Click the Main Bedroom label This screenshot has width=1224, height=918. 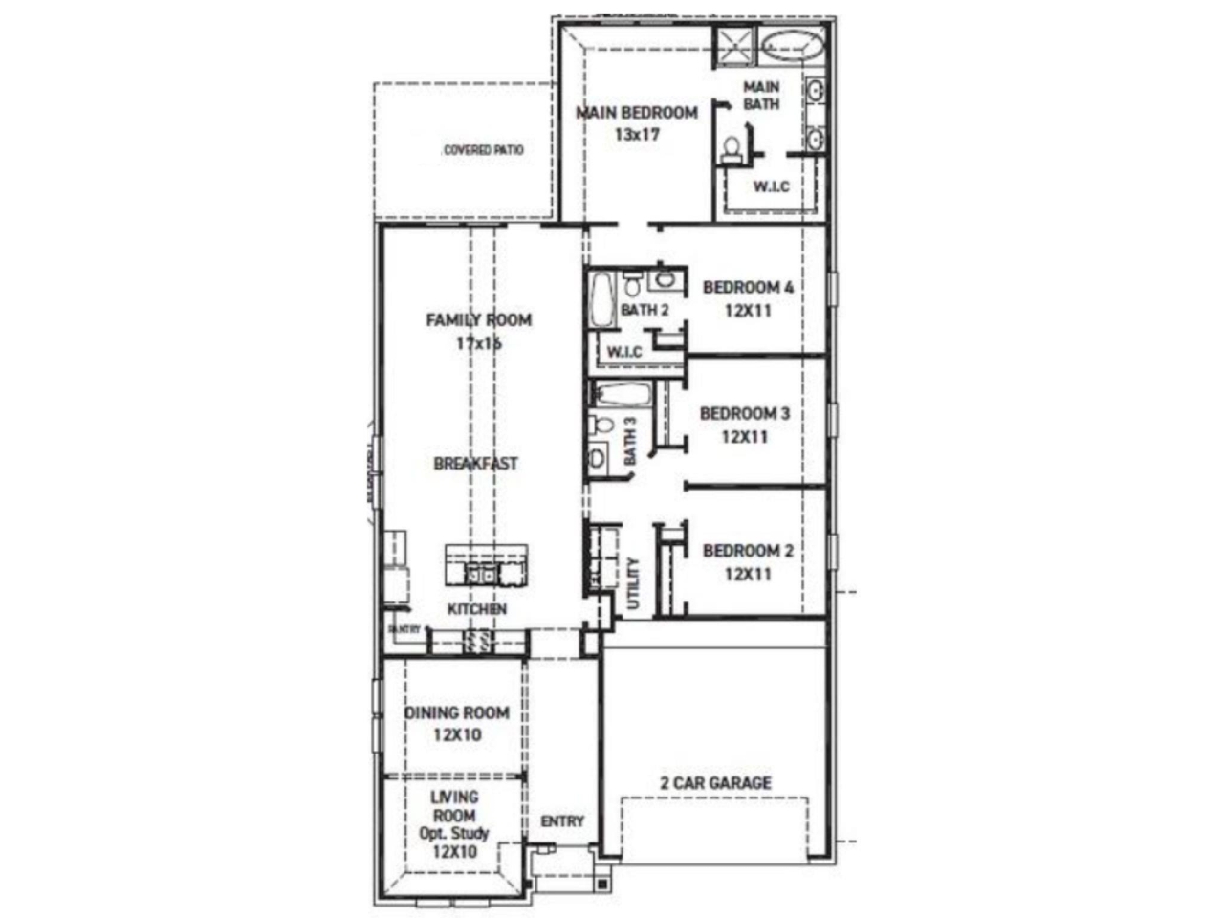(636, 113)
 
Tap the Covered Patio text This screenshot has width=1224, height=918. (483, 150)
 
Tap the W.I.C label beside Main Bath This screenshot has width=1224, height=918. (771, 186)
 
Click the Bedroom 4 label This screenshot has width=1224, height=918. (748, 287)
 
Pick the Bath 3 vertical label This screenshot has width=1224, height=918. (630, 441)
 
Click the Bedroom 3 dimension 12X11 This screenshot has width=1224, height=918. (745, 437)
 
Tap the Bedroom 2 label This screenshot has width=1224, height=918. (748, 551)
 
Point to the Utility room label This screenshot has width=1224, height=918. (633, 583)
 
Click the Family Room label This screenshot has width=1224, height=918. (478, 320)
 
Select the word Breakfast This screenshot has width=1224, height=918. (476, 464)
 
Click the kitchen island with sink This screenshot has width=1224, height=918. (486, 565)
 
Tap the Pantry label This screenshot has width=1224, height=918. (404, 629)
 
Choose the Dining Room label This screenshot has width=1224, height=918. (457, 712)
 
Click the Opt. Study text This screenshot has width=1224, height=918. (454, 833)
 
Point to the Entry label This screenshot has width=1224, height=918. (562, 821)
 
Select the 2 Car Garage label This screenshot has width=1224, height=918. (715, 783)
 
